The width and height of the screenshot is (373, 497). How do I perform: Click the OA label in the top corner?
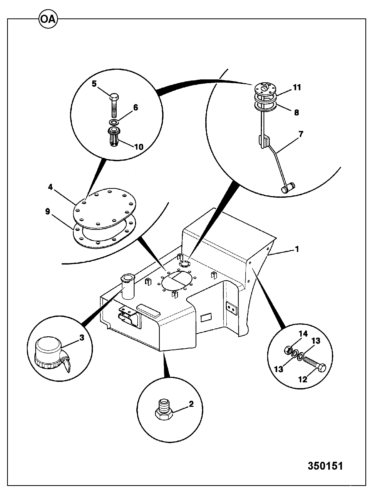tap(48, 20)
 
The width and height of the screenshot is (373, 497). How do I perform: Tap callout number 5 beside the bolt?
tap(94, 84)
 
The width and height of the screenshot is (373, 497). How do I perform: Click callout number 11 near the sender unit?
tap(297, 87)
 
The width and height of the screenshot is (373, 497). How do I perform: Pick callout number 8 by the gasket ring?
tap(296, 113)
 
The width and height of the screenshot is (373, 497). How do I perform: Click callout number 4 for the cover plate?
tap(50, 187)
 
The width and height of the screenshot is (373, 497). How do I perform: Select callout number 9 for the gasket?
tap(48, 211)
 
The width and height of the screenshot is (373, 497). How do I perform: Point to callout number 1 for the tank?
tap(297, 249)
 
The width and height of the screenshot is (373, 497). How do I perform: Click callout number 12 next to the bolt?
tap(303, 379)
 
